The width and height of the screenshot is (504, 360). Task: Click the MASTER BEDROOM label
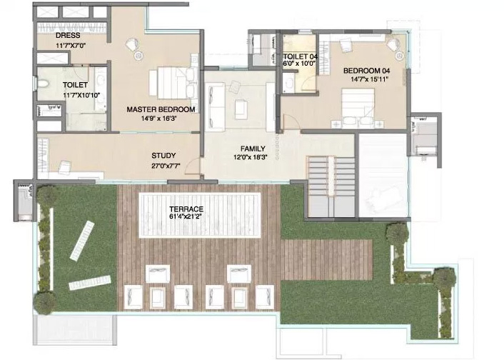(161, 109)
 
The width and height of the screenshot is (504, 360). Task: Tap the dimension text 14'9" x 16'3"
(159, 118)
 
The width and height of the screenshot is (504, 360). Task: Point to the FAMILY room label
(253, 149)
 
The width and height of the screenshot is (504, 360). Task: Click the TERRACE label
(186, 209)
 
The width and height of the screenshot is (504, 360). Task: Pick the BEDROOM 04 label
(367, 71)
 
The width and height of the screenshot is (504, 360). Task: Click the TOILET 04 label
(301, 56)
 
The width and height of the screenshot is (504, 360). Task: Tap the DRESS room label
(68, 36)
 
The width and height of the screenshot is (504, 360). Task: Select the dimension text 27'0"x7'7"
(166, 166)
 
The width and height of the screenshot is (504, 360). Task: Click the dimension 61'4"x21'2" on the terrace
(186, 216)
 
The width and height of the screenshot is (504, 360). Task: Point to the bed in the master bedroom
(173, 83)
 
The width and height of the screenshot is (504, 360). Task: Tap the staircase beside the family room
(331, 186)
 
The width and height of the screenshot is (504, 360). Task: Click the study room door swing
(193, 167)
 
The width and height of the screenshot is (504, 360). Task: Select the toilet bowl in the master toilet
(43, 84)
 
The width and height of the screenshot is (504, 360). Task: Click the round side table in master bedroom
(138, 56)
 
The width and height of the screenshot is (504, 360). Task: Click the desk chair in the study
(66, 166)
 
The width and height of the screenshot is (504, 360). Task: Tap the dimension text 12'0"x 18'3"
(251, 158)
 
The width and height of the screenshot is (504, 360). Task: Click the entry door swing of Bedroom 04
(291, 122)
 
